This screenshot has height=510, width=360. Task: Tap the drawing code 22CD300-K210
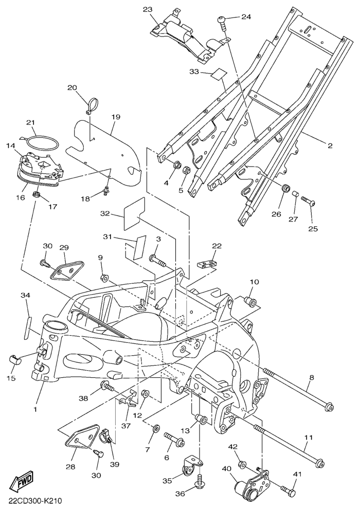click(34, 500)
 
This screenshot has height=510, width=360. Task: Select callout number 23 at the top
click(148, 10)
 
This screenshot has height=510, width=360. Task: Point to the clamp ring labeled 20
click(92, 102)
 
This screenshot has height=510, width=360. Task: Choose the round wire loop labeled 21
click(43, 142)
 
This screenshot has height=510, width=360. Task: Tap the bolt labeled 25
click(308, 200)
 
